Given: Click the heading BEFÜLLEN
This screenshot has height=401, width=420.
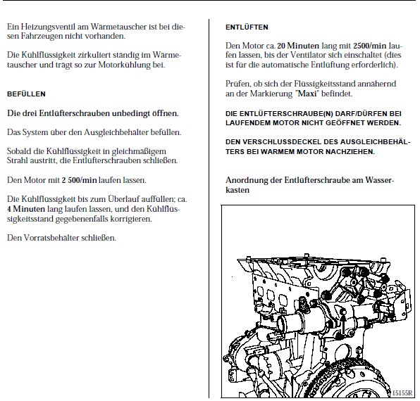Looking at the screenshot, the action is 26,94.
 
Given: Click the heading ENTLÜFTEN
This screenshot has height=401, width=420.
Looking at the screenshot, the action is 247,27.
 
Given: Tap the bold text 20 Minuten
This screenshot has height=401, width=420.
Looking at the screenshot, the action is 298,46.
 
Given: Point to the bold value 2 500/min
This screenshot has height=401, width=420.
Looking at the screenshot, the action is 80,180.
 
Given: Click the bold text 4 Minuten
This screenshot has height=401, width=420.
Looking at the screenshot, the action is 26,209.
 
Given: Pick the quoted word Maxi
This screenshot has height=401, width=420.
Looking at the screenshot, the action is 307,94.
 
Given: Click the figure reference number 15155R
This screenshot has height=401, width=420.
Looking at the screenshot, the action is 402,393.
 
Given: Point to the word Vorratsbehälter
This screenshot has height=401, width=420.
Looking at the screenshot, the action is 51,238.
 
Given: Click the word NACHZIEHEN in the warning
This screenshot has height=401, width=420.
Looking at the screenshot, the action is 350,152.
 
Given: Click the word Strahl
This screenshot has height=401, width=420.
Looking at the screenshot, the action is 16,160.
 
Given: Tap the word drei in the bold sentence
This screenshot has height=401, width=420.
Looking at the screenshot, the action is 30,113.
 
